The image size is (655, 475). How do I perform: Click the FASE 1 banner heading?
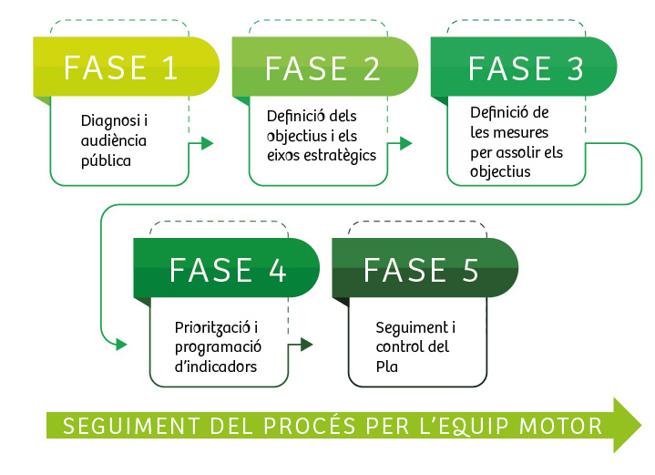click(121, 68)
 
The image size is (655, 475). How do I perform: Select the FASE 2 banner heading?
click(322, 68)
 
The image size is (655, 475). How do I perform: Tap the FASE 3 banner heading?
click(526, 68)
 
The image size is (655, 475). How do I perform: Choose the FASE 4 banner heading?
click(228, 270)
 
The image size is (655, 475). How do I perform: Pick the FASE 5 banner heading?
click(421, 270)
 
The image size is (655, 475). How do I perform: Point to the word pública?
click(106, 161)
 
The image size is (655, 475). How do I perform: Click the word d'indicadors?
click(215, 367)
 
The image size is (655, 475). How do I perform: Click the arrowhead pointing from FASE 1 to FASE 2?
click(207, 143)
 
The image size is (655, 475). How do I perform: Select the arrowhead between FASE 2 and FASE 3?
click(406, 143)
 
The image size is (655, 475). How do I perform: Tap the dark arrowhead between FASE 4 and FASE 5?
click(306, 345)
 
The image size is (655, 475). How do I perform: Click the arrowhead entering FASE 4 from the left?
click(120, 345)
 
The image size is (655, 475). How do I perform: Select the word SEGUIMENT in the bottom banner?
click(114, 426)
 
